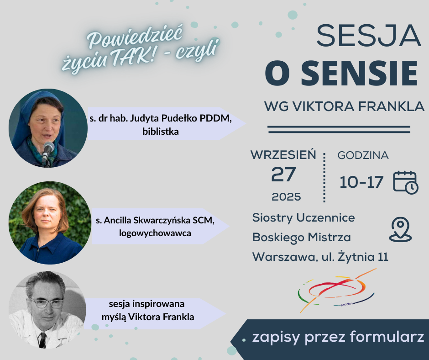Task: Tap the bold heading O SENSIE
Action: pyautogui.click(x=341, y=74)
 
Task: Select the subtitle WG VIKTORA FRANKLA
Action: pyautogui.click(x=344, y=106)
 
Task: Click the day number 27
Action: pyautogui.click(x=283, y=174)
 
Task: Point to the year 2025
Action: pyautogui.click(x=286, y=197)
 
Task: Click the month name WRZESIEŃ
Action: pyautogui.click(x=283, y=155)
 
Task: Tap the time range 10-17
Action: pyautogui.click(x=361, y=182)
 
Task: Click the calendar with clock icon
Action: pyautogui.click(x=405, y=182)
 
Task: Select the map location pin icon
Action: pyautogui.click(x=400, y=230)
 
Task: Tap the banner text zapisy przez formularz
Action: pyautogui.click(x=338, y=337)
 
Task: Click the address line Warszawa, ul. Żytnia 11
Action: pyautogui.click(x=320, y=257)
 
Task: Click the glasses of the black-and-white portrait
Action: pyautogui.click(x=47, y=303)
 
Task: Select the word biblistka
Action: pyautogui.click(x=161, y=132)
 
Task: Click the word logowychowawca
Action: pyautogui.click(x=155, y=233)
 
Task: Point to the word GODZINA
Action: pyautogui.click(x=363, y=155)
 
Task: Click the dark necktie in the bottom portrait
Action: pyautogui.click(x=42, y=340)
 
